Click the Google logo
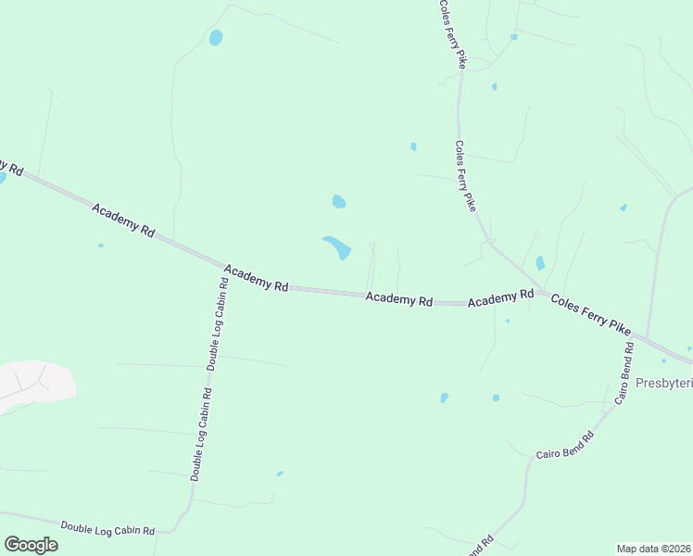pos(31,544)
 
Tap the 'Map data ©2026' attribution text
pos(653,549)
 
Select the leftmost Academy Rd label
pos(122,221)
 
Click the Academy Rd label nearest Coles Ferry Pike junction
pos(500,298)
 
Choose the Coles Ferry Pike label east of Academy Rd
pos(590,314)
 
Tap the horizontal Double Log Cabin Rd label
pos(107,527)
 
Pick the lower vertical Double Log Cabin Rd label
pos(201,434)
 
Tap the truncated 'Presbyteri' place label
pos(663,383)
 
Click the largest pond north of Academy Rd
pos(338,247)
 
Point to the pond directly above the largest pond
pos(339,201)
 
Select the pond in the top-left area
pos(216,38)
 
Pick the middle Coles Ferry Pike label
pos(464,175)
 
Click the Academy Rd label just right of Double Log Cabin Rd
pos(256,276)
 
